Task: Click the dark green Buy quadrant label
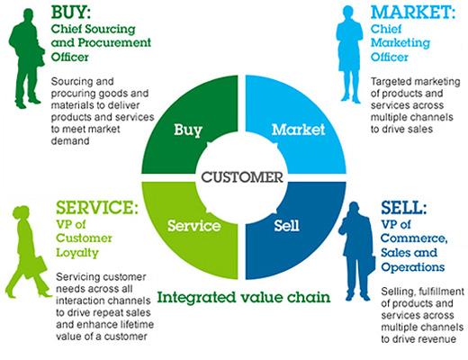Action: pos(188,130)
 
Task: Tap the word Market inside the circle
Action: pos(298,130)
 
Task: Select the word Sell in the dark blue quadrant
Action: pos(286,225)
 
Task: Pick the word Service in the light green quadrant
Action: pos(194,225)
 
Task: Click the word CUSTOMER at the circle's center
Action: pos(242,177)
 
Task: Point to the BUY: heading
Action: pos(71,13)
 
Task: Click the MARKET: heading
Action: pos(413,13)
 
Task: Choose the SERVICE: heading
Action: pos(97,207)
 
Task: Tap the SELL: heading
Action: pos(403,207)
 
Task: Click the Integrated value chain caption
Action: pos(244,297)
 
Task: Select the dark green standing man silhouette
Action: pos(26,58)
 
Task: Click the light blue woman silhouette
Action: pos(349,54)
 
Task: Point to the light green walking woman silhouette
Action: pos(28,251)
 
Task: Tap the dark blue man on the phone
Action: pos(356,251)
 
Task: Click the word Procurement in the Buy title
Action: pos(114,43)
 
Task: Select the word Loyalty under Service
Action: pos(77,253)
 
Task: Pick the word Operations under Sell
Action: pos(413,266)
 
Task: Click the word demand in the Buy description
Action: pos(70,140)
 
